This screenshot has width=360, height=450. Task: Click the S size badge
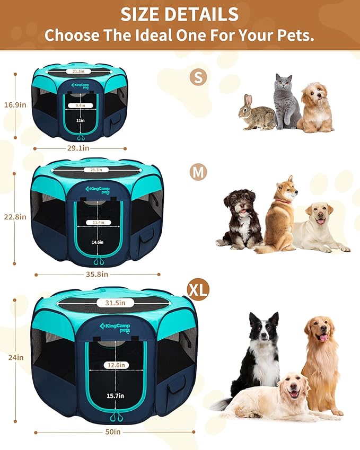(x=198, y=77)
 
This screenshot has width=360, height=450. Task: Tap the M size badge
(x=198, y=172)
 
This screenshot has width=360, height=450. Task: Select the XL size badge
(x=198, y=289)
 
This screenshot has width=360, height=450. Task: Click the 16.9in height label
(x=16, y=105)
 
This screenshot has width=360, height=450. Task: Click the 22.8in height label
(x=16, y=217)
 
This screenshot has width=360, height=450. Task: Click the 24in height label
(x=16, y=358)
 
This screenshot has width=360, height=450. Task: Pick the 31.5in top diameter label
(x=115, y=303)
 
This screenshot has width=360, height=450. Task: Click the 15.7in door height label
(x=115, y=396)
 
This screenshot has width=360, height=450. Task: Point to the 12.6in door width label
(x=115, y=365)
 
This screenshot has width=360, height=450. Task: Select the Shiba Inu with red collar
(x=279, y=215)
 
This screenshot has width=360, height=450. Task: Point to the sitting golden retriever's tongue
(x=323, y=338)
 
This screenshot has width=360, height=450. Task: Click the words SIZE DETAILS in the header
(x=180, y=14)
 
